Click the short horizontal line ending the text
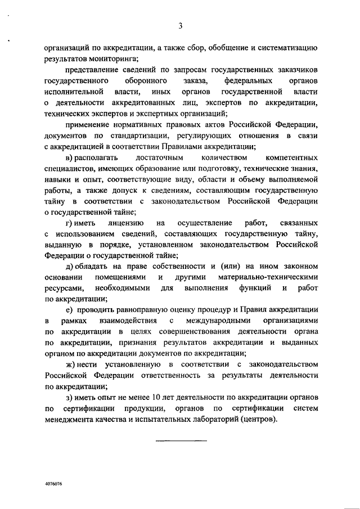coord(181,439)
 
